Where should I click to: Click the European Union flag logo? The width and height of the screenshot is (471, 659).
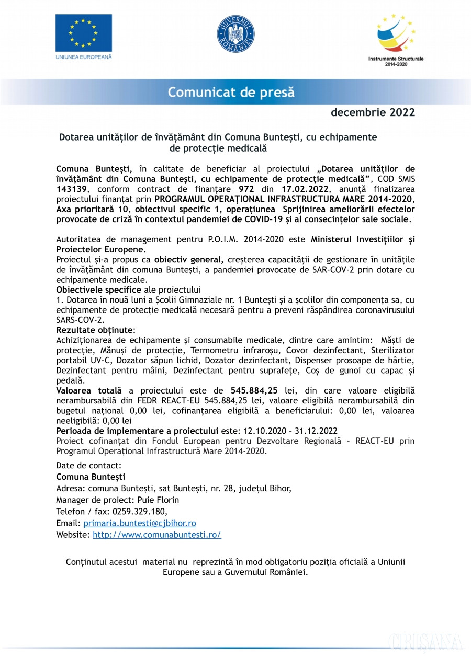pyautogui.click(x=84, y=33)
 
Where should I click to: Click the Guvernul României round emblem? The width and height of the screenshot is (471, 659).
pyautogui.click(x=235, y=34)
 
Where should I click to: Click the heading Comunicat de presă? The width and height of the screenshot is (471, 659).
pyautogui.click(x=231, y=93)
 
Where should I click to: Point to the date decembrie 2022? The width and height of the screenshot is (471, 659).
pyautogui.click(x=373, y=112)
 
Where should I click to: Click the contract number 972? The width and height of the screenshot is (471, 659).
pyautogui.click(x=246, y=189)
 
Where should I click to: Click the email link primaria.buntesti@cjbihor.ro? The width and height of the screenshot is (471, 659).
pyautogui.click(x=140, y=523)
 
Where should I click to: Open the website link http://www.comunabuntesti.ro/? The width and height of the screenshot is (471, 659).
pyautogui.click(x=157, y=535)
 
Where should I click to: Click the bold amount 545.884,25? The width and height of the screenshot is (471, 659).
pyautogui.click(x=254, y=390)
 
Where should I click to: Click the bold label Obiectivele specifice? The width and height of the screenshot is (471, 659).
pyautogui.click(x=99, y=290)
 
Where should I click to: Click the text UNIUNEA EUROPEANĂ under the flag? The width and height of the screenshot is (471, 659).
pyautogui.click(x=84, y=56)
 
